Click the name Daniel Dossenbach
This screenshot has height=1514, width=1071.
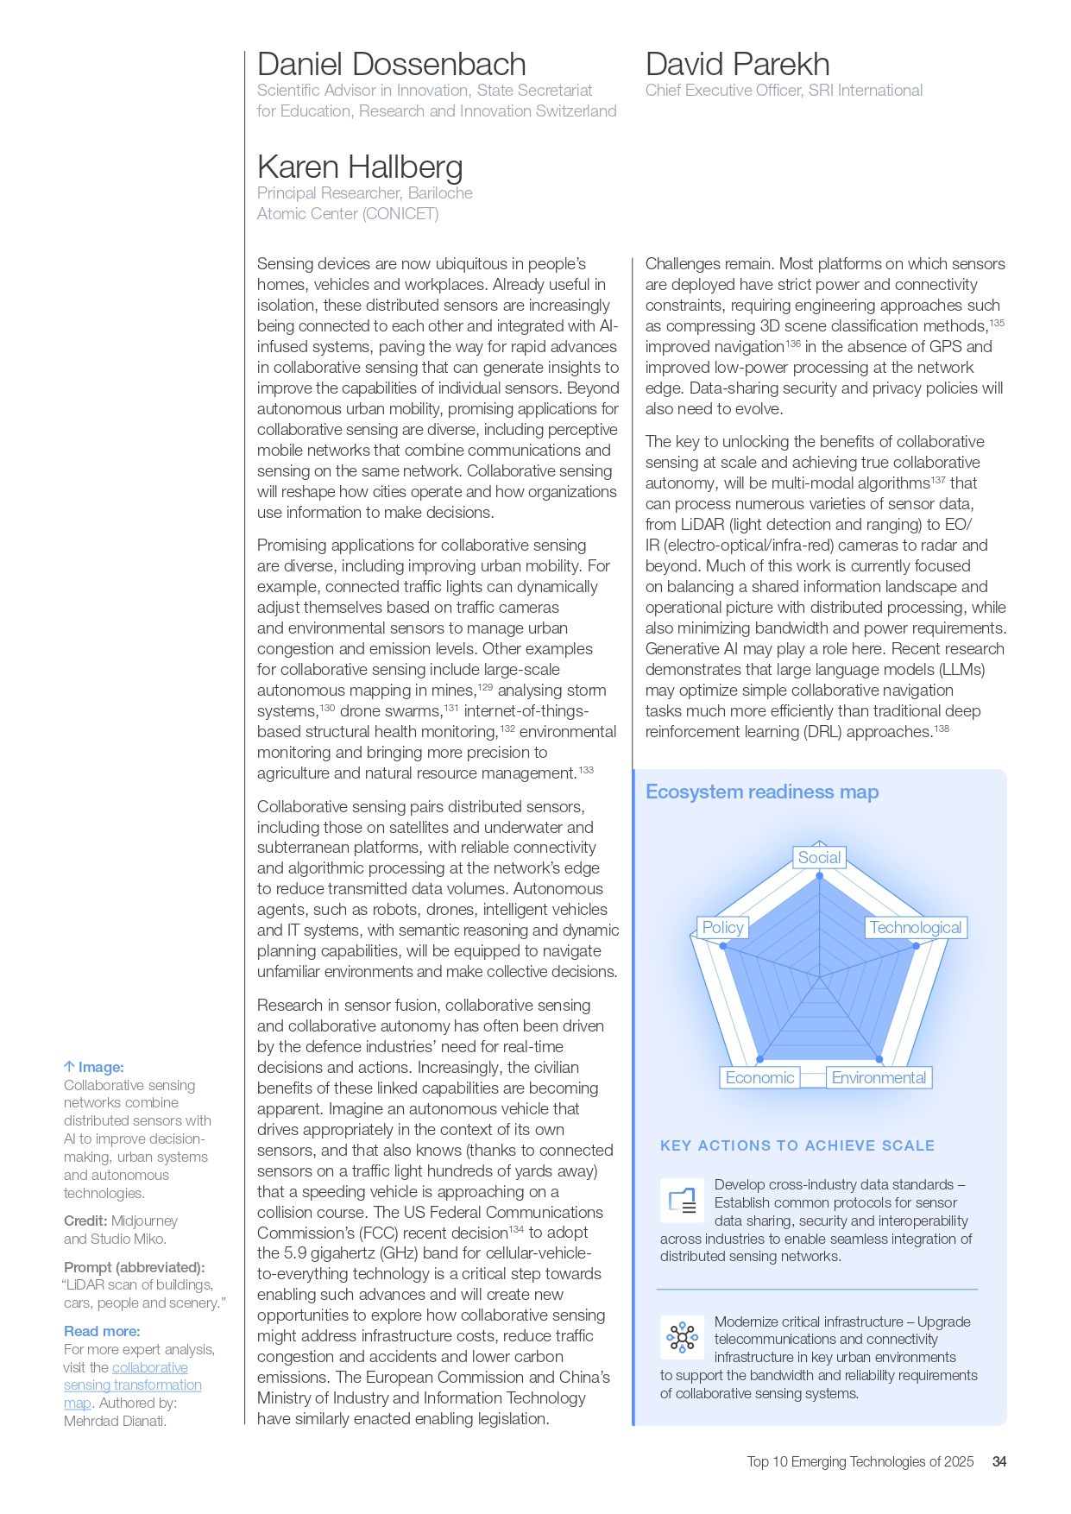391,65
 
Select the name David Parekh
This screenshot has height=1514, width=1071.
737,65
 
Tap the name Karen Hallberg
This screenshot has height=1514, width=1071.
360,167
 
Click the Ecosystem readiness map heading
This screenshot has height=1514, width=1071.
762,792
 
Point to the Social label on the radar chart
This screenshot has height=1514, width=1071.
819,858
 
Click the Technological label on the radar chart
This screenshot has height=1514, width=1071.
915,928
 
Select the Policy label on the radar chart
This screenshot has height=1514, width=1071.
722,928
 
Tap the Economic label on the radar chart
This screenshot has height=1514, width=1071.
759,1078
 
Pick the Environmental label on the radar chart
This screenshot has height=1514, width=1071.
879,1078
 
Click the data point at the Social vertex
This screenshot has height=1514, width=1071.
820,876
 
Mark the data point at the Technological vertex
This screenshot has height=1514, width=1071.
917,946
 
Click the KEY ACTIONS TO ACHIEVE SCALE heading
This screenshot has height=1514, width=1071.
797,1146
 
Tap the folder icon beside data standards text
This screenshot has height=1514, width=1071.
682,1201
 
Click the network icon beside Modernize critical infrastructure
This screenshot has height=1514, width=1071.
682,1338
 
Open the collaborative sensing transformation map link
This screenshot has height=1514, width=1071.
132,1385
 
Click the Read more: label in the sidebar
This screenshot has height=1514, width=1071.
102,1332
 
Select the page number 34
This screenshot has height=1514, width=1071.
999,1462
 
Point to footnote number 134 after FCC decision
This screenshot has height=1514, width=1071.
516,1229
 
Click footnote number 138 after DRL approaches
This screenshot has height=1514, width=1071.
942,729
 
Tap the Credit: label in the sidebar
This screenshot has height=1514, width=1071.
85,1221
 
